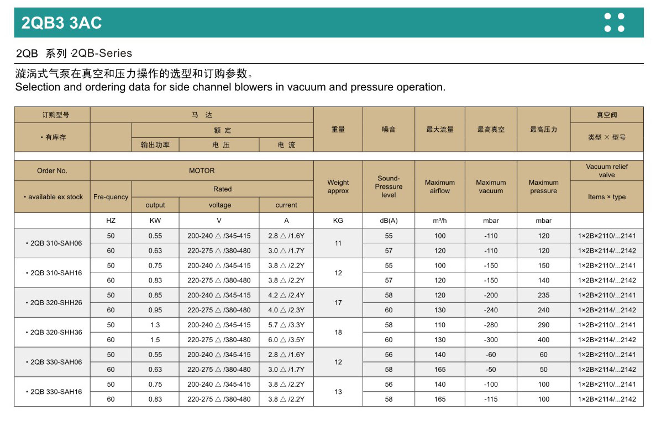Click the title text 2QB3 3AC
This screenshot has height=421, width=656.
(62, 23)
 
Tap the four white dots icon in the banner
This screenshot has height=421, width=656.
(614, 23)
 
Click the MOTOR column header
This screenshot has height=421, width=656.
(202, 171)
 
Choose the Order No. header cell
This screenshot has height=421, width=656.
(52, 171)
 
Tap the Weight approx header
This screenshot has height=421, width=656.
(338, 186)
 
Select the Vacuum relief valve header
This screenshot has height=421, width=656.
(607, 170)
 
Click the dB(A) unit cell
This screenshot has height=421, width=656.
(389, 221)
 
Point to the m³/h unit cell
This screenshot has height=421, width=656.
(440, 221)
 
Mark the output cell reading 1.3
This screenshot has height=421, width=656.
(155, 326)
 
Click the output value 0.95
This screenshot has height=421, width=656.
(155, 310)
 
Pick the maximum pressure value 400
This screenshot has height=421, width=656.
(544, 340)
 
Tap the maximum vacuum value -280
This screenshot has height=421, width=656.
(491, 326)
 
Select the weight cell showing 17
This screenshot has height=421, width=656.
(338, 303)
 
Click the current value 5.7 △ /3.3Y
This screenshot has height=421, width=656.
(286, 326)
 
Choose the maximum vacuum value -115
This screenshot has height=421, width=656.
(491, 399)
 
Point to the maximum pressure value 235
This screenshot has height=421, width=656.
(544, 296)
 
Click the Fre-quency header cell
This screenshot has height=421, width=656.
(111, 197)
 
